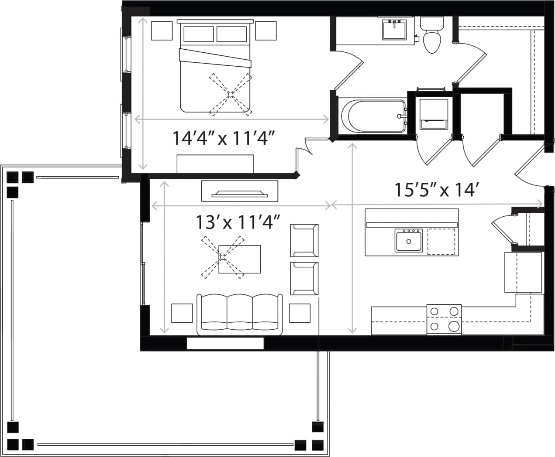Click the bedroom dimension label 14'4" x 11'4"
click(x=223, y=138)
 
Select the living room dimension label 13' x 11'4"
click(x=237, y=222)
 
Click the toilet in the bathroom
click(x=431, y=37)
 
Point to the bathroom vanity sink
click(x=395, y=30)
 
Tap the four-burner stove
click(x=444, y=319)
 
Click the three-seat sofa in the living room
click(x=239, y=314)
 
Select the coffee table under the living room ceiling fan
click(x=240, y=259)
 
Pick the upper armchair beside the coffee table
click(x=304, y=240)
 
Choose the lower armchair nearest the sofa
click(x=304, y=279)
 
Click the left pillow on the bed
click(x=199, y=34)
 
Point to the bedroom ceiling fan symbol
click(x=230, y=94)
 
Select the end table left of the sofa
click(x=182, y=313)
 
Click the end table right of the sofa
click(x=300, y=313)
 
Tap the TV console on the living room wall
click(x=240, y=191)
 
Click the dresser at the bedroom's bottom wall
click(x=215, y=164)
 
